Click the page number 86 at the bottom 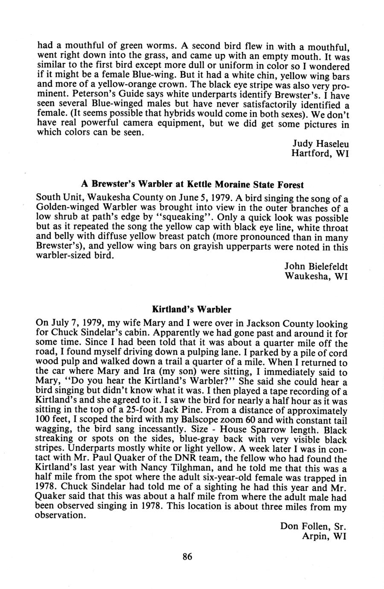(187, 557)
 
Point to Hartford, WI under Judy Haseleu (320, 153)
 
